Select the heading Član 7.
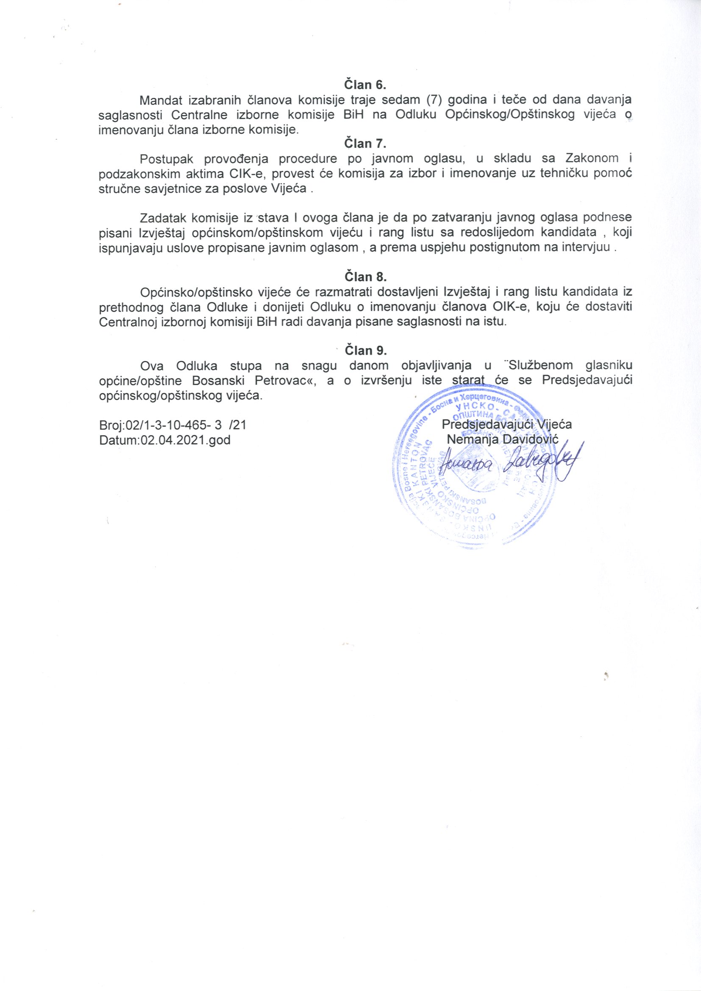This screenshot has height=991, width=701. click(x=365, y=143)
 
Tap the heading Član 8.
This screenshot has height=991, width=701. click(x=365, y=277)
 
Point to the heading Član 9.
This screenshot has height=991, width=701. click(x=365, y=350)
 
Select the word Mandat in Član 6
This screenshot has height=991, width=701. click(x=160, y=100)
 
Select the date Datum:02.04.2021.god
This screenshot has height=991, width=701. click(x=164, y=440)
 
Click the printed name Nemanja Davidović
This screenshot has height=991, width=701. click(x=503, y=439)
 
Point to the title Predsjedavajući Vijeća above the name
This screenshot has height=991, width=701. click(x=507, y=424)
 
